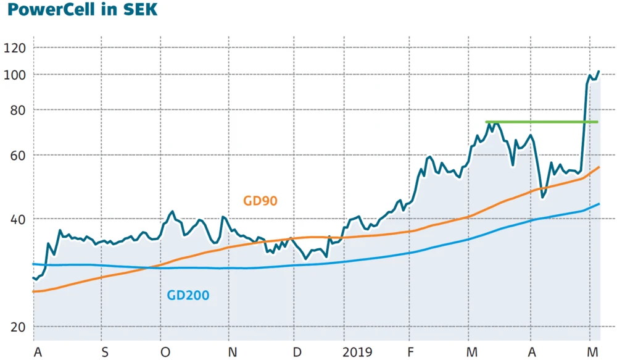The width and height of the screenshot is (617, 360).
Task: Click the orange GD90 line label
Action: tap(260, 201)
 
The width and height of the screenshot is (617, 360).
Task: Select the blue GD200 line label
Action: tap(188, 296)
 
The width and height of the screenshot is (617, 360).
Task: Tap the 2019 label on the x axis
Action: tap(358, 352)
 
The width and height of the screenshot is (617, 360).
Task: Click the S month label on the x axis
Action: tap(104, 352)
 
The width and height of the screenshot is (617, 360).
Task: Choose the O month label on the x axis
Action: tap(165, 352)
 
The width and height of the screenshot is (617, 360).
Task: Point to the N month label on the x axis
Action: tap(232, 352)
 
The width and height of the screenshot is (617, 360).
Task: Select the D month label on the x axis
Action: tap(297, 352)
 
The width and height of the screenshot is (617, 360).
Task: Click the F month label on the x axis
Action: tap(410, 352)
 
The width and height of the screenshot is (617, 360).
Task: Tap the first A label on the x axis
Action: tap(38, 352)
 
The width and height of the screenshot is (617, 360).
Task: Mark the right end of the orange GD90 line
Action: tap(599, 167)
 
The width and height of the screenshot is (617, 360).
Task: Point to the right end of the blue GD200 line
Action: tap(599, 204)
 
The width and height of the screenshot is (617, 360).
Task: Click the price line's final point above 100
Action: tap(598, 72)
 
